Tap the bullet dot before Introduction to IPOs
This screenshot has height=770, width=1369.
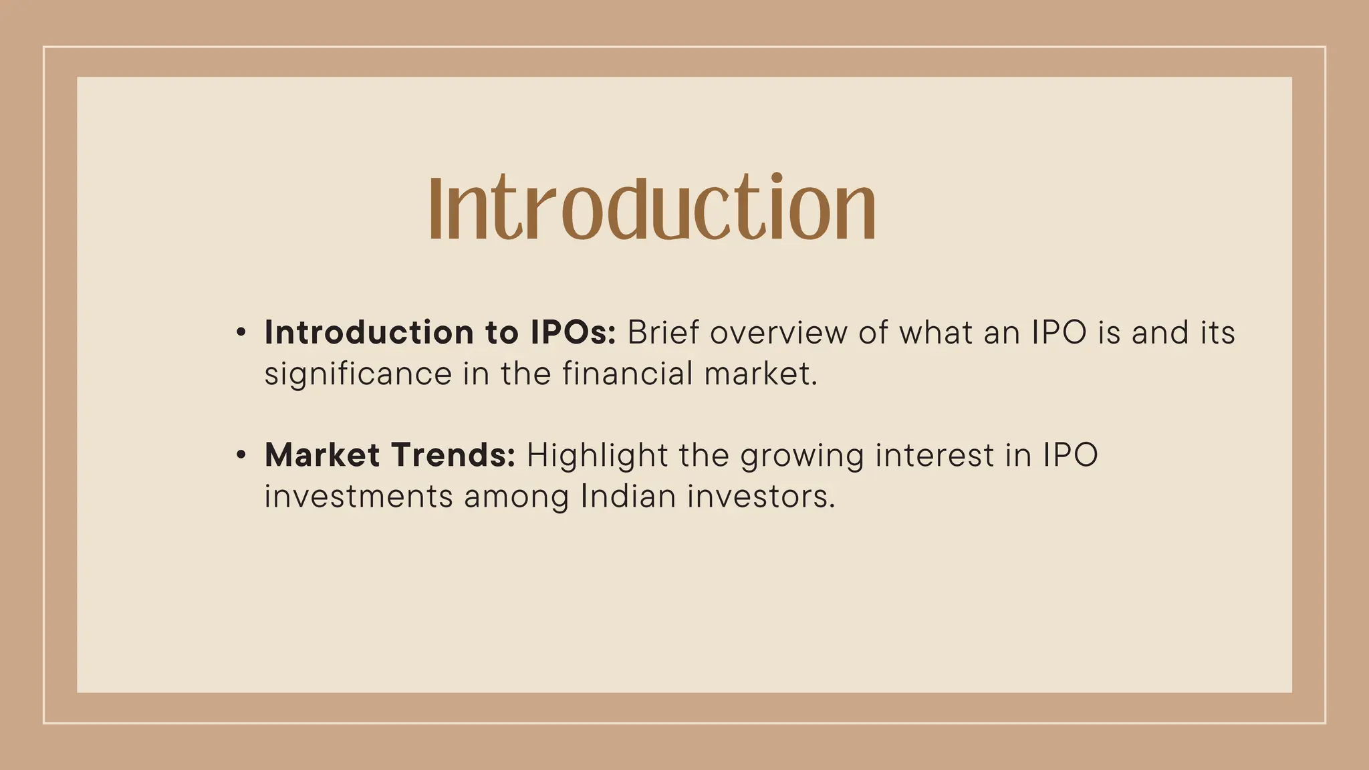click(241, 332)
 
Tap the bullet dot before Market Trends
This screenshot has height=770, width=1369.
click(241, 455)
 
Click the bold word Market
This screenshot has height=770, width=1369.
click(322, 455)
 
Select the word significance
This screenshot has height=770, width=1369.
click(358, 374)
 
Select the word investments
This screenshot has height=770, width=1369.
click(358, 497)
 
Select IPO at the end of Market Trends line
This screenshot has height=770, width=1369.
click(1070, 455)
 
